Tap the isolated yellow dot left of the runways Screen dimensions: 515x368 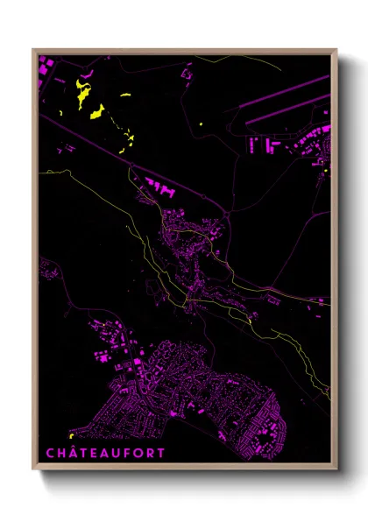coord(201,125)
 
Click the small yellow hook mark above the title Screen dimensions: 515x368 coord(69,435)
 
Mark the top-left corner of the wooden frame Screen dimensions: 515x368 coord(32,49)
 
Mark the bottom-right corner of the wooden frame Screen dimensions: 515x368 coord(337,470)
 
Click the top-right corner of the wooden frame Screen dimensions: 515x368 coord(337,49)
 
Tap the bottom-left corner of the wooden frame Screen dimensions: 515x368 coord(32,470)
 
